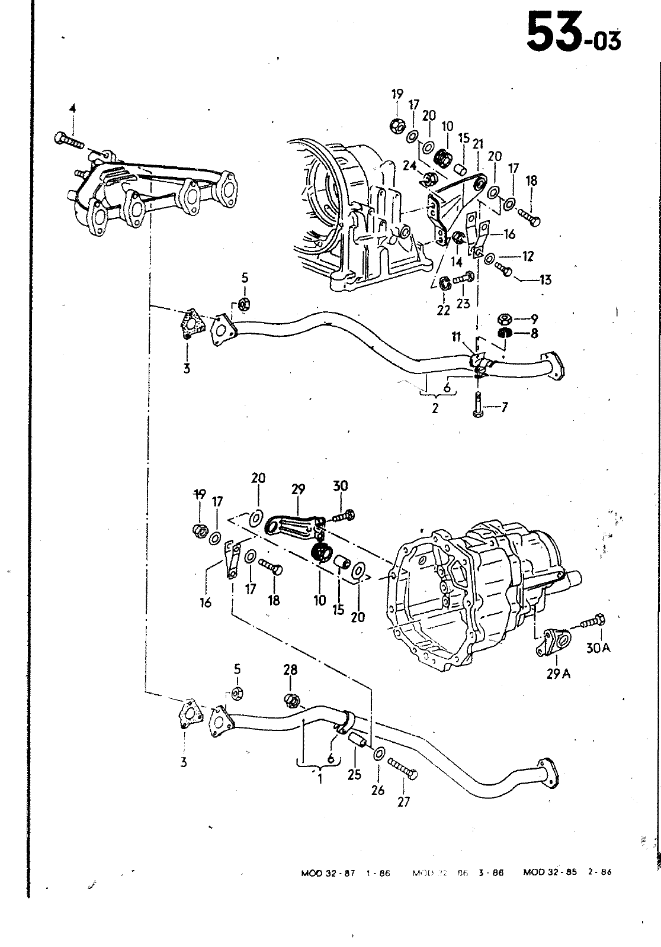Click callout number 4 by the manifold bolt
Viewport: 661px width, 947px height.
pyautogui.click(x=72, y=109)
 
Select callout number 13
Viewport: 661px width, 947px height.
pyautogui.click(x=545, y=279)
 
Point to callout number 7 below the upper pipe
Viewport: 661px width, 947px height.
pyautogui.click(x=504, y=407)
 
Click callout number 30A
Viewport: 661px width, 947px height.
pyautogui.click(x=598, y=648)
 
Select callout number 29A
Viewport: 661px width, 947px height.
pyautogui.click(x=557, y=674)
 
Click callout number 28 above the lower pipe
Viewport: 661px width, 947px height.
pyautogui.click(x=290, y=670)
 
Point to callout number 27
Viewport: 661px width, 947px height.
pyautogui.click(x=403, y=801)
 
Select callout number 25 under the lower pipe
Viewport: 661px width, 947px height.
pyautogui.click(x=354, y=774)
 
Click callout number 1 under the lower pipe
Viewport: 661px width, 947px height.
pyautogui.click(x=320, y=779)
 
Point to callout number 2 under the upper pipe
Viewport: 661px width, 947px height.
pyautogui.click(x=435, y=408)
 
